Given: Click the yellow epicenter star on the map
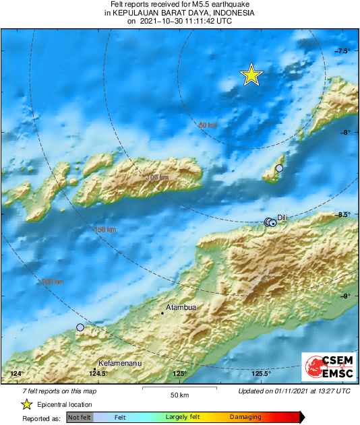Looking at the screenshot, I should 251,75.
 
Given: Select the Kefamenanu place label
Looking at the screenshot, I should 119,362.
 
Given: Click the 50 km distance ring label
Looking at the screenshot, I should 208,125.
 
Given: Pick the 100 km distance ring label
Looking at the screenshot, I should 158,178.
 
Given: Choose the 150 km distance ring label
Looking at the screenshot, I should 105,230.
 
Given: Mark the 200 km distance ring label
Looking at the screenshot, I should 53,282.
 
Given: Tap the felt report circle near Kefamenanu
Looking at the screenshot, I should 80,327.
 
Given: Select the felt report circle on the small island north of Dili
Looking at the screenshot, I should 279,168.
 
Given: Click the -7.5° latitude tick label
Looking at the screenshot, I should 342,51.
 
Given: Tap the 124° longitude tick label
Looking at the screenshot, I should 17,374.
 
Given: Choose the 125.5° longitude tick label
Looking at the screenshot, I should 261,374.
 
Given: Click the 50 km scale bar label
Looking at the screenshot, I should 179,393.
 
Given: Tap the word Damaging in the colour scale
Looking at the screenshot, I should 245,417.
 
